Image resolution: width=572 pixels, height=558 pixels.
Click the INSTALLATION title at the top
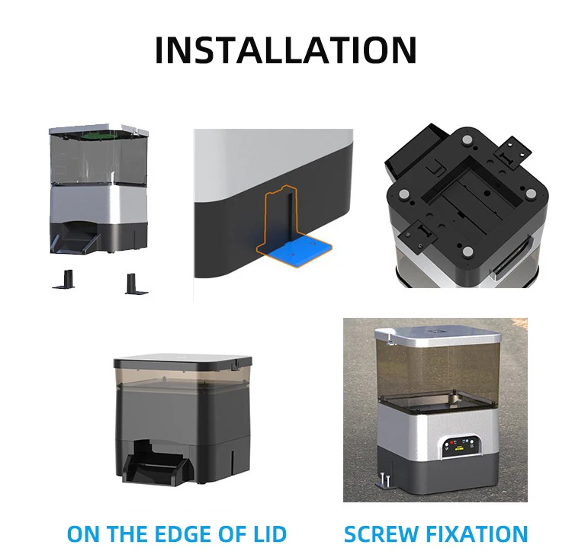coord(285,50)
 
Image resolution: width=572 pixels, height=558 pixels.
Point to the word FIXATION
coord(481,534)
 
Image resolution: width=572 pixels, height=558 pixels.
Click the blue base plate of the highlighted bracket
coord(298,249)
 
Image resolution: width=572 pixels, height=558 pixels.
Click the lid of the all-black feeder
coord(183,362)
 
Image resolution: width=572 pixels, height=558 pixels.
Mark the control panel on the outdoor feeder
coord(459,446)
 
